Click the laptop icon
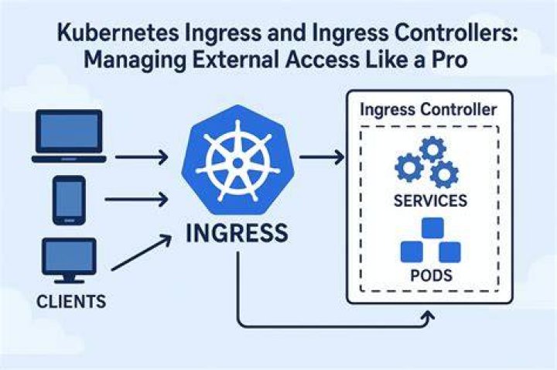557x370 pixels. [x=69, y=136]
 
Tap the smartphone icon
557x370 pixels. [x=69, y=200]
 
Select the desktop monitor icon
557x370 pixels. [x=69, y=261]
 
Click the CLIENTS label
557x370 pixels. [x=71, y=302]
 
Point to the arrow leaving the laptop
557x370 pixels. [x=142, y=156]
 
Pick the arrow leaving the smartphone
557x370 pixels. [x=136, y=199]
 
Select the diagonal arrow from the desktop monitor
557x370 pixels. [x=142, y=252]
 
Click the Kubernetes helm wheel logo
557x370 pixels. [x=237, y=161]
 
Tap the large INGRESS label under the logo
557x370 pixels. [x=237, y=233]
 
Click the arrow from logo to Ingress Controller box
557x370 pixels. [x=322, y=156]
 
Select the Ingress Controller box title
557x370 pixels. [x=428, y=109]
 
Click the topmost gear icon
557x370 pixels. [x=432, y=149]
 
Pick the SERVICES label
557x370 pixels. [x=431, y=200]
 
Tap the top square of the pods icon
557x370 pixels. [x=432, y=228]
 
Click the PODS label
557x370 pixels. [x=431, y=276]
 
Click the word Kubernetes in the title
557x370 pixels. [x=118, y=33]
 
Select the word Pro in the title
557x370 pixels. [x=449, y=60]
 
